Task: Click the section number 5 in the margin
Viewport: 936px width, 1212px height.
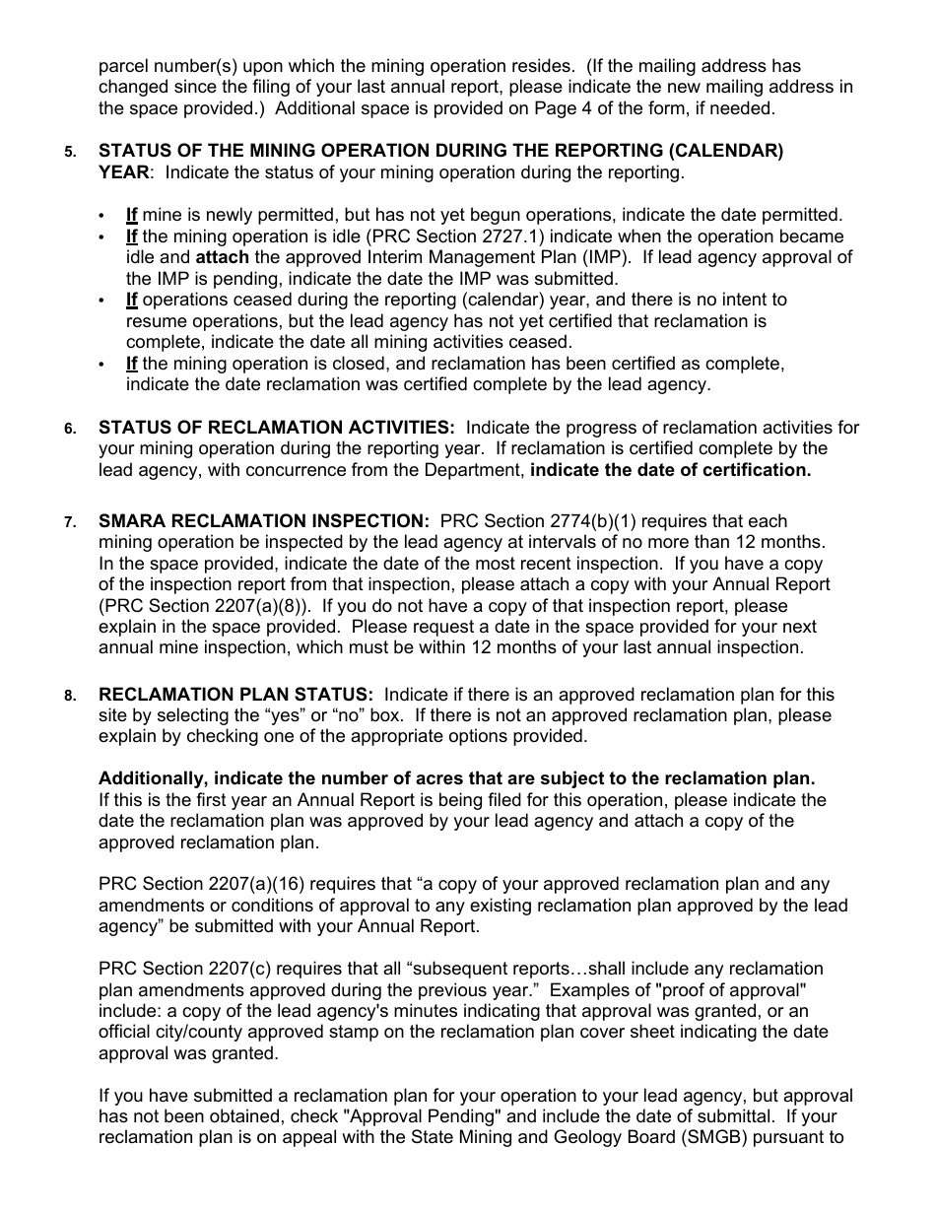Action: tap(69, 153)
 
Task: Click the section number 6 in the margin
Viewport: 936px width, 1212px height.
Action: tap(69, 429)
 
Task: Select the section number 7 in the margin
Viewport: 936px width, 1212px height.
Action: tap(69, 522)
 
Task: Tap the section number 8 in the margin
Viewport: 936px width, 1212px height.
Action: tap(69, 696)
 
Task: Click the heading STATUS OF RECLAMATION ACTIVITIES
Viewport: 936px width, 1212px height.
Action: tap(277, 428)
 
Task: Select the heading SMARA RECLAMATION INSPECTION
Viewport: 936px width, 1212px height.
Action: tap(264, 521)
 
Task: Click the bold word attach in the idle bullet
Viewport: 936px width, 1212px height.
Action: tap(222, 258)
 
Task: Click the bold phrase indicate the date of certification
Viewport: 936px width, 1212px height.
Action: tap(671, 470)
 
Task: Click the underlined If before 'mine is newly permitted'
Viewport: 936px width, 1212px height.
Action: tap(132, 215)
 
